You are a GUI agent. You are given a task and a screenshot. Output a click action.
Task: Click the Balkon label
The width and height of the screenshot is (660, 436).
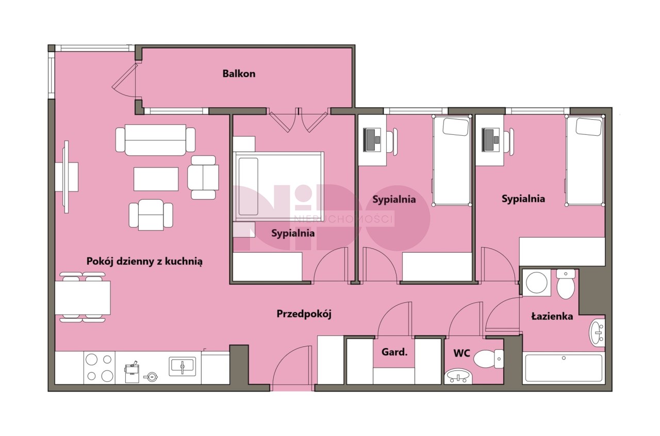(239, 73)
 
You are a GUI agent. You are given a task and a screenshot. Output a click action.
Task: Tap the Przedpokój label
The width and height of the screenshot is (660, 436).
(304, 314)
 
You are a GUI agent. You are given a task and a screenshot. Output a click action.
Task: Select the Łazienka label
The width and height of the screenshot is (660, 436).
(552, 316)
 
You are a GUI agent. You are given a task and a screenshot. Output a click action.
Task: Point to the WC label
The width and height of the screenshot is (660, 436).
(461, 353)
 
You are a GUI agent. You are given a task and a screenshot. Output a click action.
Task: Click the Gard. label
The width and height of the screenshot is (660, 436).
(394, 352)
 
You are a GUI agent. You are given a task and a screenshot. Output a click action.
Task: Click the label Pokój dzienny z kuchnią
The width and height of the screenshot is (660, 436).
(144, 261)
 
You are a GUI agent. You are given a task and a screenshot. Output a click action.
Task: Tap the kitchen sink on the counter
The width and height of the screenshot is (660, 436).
(183, 366)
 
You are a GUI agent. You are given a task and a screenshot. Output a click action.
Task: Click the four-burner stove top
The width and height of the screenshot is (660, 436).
(100, 367)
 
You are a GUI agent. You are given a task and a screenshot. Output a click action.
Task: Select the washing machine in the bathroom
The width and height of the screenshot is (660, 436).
(537, 283)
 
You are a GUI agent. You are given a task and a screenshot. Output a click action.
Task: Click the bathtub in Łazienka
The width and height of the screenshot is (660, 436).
(564, 367)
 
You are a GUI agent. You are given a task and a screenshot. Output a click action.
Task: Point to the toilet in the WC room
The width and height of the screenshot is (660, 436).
(489, 359)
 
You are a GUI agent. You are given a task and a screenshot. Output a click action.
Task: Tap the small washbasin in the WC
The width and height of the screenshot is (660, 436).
(458, 377)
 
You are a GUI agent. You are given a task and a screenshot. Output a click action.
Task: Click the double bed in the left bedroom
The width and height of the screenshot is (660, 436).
(278, 186)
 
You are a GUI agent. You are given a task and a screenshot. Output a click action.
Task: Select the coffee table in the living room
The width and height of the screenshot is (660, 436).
(156, 179)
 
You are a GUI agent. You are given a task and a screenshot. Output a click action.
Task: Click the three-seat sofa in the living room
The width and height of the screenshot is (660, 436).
(155, 140)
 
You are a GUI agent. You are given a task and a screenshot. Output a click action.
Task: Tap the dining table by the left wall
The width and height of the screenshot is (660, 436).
(83, 298)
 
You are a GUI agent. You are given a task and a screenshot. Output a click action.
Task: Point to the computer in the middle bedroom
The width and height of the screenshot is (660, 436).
(372, 140)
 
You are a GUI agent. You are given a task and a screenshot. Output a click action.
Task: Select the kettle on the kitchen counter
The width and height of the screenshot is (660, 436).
(151, 377)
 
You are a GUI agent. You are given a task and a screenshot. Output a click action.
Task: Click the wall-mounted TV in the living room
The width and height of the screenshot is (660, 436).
(67, 177)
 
